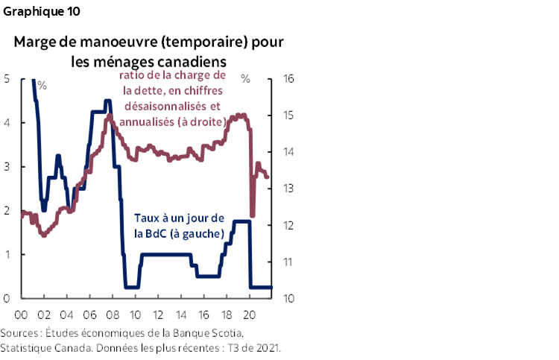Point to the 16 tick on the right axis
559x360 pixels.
289,78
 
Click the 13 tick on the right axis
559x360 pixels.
289,189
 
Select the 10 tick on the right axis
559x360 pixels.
289,298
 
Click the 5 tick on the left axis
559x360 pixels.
6,78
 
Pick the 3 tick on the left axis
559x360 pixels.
6,166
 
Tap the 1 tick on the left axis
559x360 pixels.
6,254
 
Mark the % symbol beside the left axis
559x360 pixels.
42,85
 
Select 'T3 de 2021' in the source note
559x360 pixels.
253,349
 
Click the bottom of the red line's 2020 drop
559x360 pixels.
252,216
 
